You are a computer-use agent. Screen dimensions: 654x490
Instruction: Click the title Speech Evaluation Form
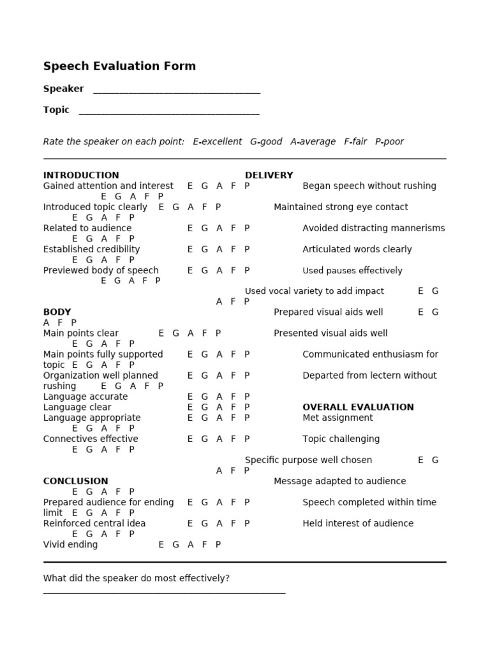(x=119, y=66)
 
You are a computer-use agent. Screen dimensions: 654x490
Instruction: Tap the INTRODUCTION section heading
(x=81, y=175)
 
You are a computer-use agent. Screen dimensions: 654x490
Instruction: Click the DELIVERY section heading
(x=269, y=175)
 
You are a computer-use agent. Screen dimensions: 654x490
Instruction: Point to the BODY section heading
(x=57, y=312)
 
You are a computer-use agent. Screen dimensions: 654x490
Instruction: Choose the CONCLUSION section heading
(x=75, y=481)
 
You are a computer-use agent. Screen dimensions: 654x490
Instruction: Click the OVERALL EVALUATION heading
(x=358, y=407)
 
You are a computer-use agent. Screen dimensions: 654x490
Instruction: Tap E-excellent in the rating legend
(x=218, y=142)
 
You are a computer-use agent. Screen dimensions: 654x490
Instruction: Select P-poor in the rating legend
(x=389, y=142)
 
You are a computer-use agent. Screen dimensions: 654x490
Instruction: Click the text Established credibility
(x=91, y=249)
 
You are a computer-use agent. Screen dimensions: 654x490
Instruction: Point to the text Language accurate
(x=85, y=397)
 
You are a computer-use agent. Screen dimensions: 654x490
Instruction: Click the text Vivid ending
(x=70, y=545)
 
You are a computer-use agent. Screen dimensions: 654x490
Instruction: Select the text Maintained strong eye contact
(x=341, y=207)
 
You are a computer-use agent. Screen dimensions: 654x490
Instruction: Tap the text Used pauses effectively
(x=352, y=270)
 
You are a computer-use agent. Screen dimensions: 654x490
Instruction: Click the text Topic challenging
(x=341, y=439)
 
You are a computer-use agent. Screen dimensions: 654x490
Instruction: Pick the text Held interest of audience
(x=358, y=523)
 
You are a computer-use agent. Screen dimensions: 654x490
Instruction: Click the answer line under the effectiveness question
(x=164, y=593)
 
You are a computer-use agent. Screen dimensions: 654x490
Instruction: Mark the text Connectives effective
(x=91, y=439)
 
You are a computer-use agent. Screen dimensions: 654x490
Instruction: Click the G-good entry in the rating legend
(x=266, y=142)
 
